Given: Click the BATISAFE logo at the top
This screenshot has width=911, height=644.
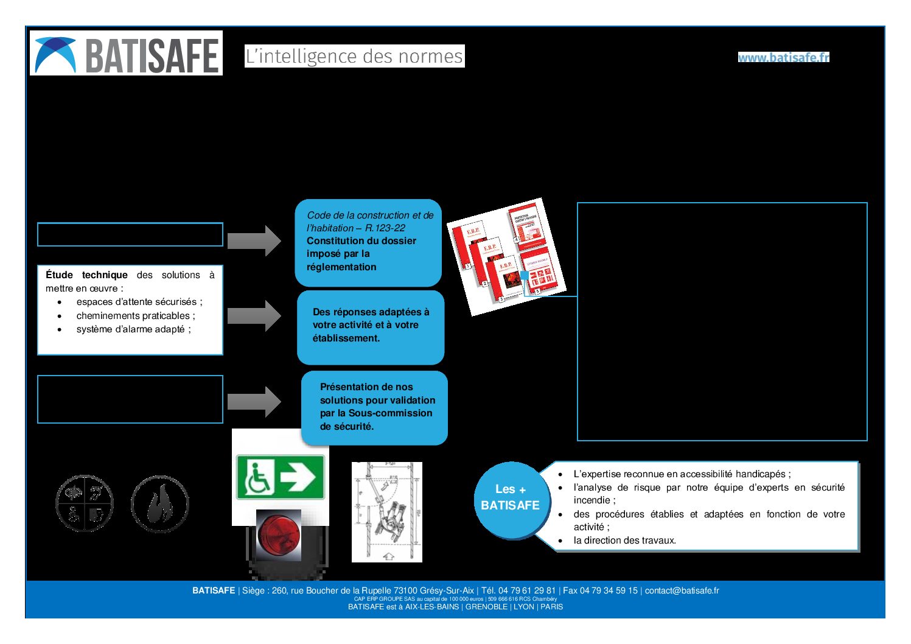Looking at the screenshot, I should [126, 54].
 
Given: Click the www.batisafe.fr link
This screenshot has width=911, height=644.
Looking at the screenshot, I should [783, 57].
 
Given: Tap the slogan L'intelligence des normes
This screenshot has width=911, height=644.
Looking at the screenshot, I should [354, 56].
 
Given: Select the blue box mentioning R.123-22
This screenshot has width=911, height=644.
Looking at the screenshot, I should [368, 242].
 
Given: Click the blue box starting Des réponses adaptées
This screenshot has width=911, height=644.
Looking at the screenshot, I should [370, 327].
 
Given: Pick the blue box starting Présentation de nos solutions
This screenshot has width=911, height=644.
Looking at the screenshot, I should [374, 407].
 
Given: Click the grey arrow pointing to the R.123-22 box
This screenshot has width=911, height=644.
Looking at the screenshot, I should [254, 240].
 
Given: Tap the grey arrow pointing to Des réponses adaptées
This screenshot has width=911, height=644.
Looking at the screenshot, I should [254, 315].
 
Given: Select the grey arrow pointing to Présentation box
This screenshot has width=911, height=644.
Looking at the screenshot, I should [254, 401].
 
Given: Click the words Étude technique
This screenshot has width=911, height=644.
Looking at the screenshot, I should [86, 275].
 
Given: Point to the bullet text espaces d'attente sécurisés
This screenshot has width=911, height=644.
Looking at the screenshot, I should [139, 302].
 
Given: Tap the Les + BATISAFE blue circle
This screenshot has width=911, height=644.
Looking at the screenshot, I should [510, 498].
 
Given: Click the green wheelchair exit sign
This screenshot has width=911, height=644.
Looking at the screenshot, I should [280, 477].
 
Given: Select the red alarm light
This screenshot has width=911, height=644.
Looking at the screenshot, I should [279, 535].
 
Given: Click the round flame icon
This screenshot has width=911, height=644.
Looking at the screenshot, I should [160, 504].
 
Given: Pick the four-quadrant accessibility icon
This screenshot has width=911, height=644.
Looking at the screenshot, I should [85, 504].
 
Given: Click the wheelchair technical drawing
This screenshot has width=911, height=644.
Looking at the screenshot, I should [387, 512].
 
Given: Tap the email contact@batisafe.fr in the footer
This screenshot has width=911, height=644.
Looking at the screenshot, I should [682, 590].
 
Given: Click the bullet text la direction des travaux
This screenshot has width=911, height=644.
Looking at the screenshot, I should [624, 541].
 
